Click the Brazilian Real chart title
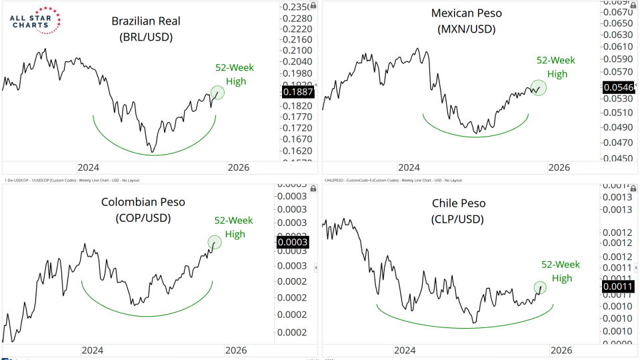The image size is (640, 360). tap(146, 29)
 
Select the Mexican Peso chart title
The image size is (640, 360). tap(466, 21)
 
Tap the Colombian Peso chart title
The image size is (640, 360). tap(143, 209)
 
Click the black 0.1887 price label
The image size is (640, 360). tap(297, 92)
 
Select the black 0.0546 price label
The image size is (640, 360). tap(617, 87)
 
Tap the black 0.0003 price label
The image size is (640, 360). tap(291, 242)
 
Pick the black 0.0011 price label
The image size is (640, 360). tap(617, 287)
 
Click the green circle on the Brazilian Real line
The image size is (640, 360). tap(217, 93)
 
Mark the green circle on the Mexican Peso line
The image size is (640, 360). tap(539, 87)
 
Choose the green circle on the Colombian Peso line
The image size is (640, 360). tap(214, 242)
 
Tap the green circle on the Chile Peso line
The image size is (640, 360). tap(540, 287)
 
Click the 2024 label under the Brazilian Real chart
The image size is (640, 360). tap(88, 167)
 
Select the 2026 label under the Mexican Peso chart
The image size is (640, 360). tap(559, 167)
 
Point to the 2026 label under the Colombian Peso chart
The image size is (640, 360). tap(236, 349)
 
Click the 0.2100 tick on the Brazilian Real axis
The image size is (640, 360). tap(297, 51)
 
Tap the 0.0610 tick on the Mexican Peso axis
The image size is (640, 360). tap(617, 47)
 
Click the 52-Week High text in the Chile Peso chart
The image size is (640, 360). tap(557, 271)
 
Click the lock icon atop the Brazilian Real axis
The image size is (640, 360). tap(314, 5)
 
